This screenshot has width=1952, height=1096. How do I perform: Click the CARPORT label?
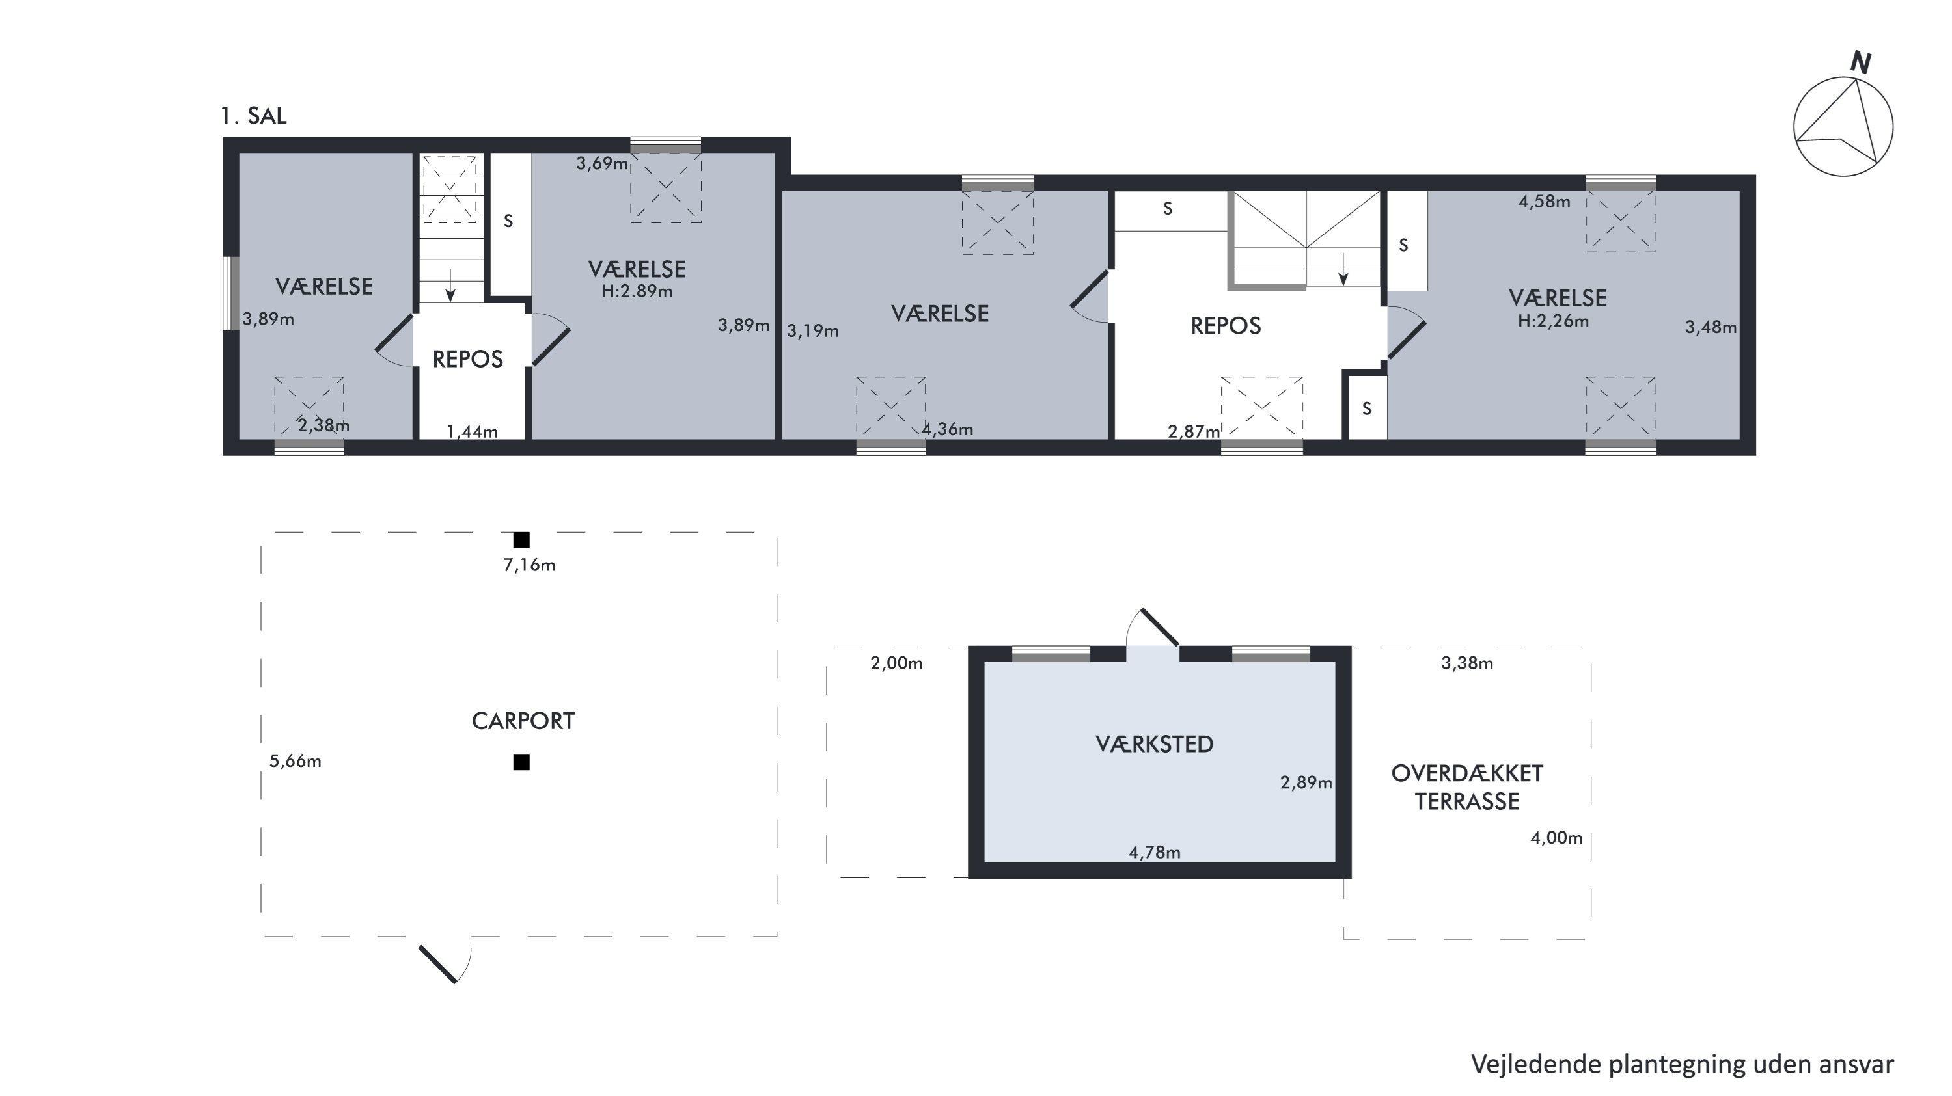pyautogui.click(x=523, y=721)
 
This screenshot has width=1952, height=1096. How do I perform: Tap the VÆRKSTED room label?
pyautogui.click(x=1154, y=745)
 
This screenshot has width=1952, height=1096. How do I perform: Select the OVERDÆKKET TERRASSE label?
pyautogui.click(x=1467, y=788)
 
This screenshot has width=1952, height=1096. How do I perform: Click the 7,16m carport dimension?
pyautogui.click(x=529, y=565)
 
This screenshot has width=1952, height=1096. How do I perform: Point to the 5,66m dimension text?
pyautogui.click(x=295, y=761)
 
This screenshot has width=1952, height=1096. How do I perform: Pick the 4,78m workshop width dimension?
pyautogui.click(x=1154, y=853)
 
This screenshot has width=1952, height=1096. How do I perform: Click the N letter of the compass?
pyautogui.click(x=1860, y=63)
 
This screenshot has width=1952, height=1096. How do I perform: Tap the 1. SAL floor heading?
pyautogui.click(x=253, y=116)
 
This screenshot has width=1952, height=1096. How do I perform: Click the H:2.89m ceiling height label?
pyautogui.click(x=637, y=291)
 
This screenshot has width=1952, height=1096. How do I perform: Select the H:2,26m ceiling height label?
pyautogui.click(x=1552, y=321)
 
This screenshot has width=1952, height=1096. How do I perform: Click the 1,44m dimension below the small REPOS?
pyautogui.click(x=471, y=432)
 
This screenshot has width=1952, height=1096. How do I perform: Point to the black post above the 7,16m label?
pyautogui.click(x=521, y=540)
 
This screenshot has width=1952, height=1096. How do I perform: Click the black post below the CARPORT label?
pyautogui.click(x=521, y=762)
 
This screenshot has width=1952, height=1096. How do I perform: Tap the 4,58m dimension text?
pyautogui.click(x=1545, y=202)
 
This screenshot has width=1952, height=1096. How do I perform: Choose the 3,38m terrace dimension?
pyautogui.click(x=1467, y=663)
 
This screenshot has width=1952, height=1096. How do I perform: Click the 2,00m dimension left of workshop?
pyautogui.click(x=896, y=663)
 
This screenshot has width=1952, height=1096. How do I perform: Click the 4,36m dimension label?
pyautogui.click(x=947, y=429)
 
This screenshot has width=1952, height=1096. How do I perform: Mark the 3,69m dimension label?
pyautogui.click(x=601, y=164)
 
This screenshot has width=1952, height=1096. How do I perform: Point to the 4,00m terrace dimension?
pyautogui.click(x=1556, y=838)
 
